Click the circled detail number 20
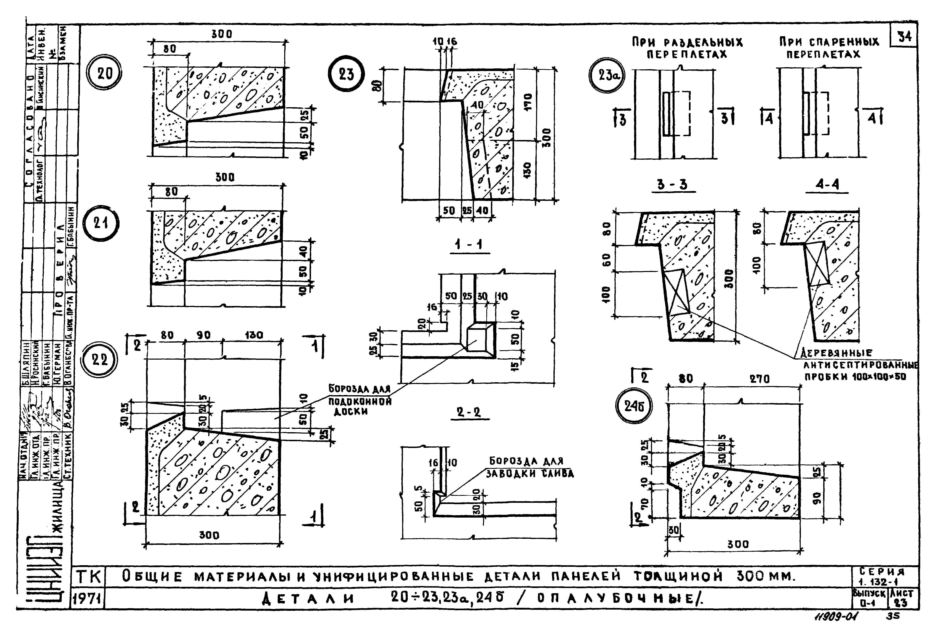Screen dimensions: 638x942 coord(105,74)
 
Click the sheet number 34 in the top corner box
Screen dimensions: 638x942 coord(904,37)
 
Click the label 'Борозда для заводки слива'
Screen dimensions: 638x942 coord(529,467)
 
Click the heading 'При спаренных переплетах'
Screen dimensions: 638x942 coord(829,48)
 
